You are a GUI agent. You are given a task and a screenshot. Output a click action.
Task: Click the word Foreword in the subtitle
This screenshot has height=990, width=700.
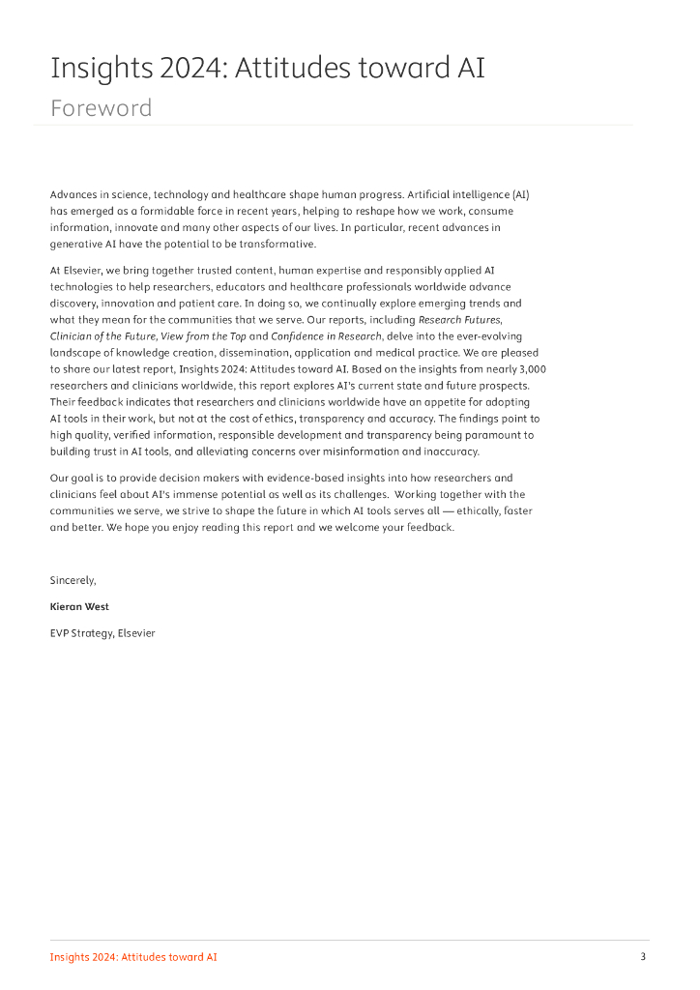click(101, 107)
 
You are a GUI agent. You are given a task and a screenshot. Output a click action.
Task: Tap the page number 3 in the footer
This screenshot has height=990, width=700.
click(643, 957)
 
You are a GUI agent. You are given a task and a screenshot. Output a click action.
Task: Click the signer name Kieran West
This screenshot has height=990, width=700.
click(81, 607)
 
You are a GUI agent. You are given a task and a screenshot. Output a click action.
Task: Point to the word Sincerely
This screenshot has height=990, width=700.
click(73, 580)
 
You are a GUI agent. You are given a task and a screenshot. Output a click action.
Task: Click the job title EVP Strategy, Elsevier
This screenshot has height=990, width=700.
click(102, 633)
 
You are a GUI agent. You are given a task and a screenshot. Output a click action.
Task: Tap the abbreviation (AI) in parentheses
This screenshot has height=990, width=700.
click(520, 194)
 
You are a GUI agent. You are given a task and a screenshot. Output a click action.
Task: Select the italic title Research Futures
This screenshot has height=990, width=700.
click(460, 319)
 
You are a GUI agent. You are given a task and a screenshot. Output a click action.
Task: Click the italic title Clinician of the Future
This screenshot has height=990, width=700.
click(106, 335)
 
